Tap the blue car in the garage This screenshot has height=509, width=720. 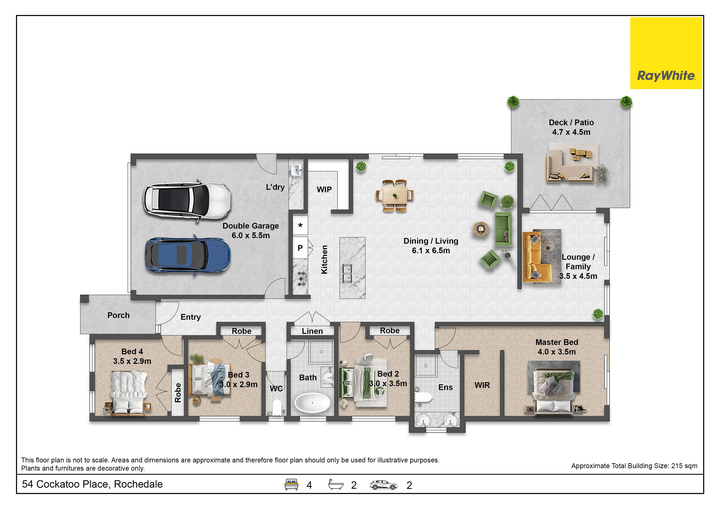pyautogui.click(x=187, y=255)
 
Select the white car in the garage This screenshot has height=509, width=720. pyautogui.click(x=187, y=201)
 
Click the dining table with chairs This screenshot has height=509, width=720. pyautogui.click(x=394, y=196)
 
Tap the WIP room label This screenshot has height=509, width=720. pyautogui.click(x=324, y=190)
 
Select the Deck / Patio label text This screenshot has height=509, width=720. pyautogui.click(x=571, y=122)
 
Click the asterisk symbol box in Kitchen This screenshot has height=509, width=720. pyautogui.click(x=300, y=225)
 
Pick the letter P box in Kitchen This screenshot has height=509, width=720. pyautogui.click(x=300, y=248)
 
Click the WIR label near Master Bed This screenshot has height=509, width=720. pyautogui.click(x=482, y=385)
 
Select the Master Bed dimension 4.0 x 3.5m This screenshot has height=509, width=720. pyautogui.click(x=557, y=352)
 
